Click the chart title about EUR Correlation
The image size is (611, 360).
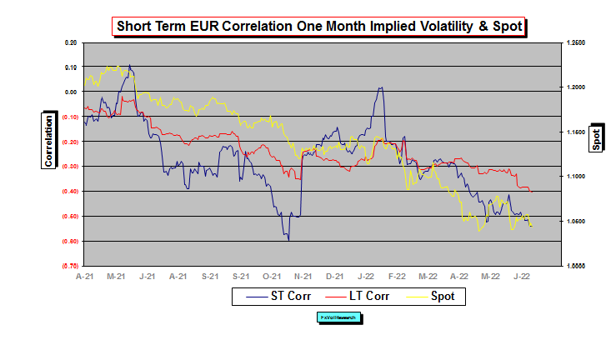[320, 27]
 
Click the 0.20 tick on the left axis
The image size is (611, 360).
[70, 42]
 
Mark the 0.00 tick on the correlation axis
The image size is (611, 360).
[70, 92]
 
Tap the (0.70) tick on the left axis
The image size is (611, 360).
[69, 266]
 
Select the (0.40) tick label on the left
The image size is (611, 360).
[69, 192]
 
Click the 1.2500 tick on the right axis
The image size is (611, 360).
[575, 42]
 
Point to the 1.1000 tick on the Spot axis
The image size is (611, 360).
[575, 177]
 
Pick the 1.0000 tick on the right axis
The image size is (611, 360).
[575, 266]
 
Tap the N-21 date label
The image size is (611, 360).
[303, 275]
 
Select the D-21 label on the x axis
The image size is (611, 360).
[334, 275]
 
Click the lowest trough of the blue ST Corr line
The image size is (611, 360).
[288, 240]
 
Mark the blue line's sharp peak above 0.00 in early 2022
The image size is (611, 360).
[381, 87]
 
